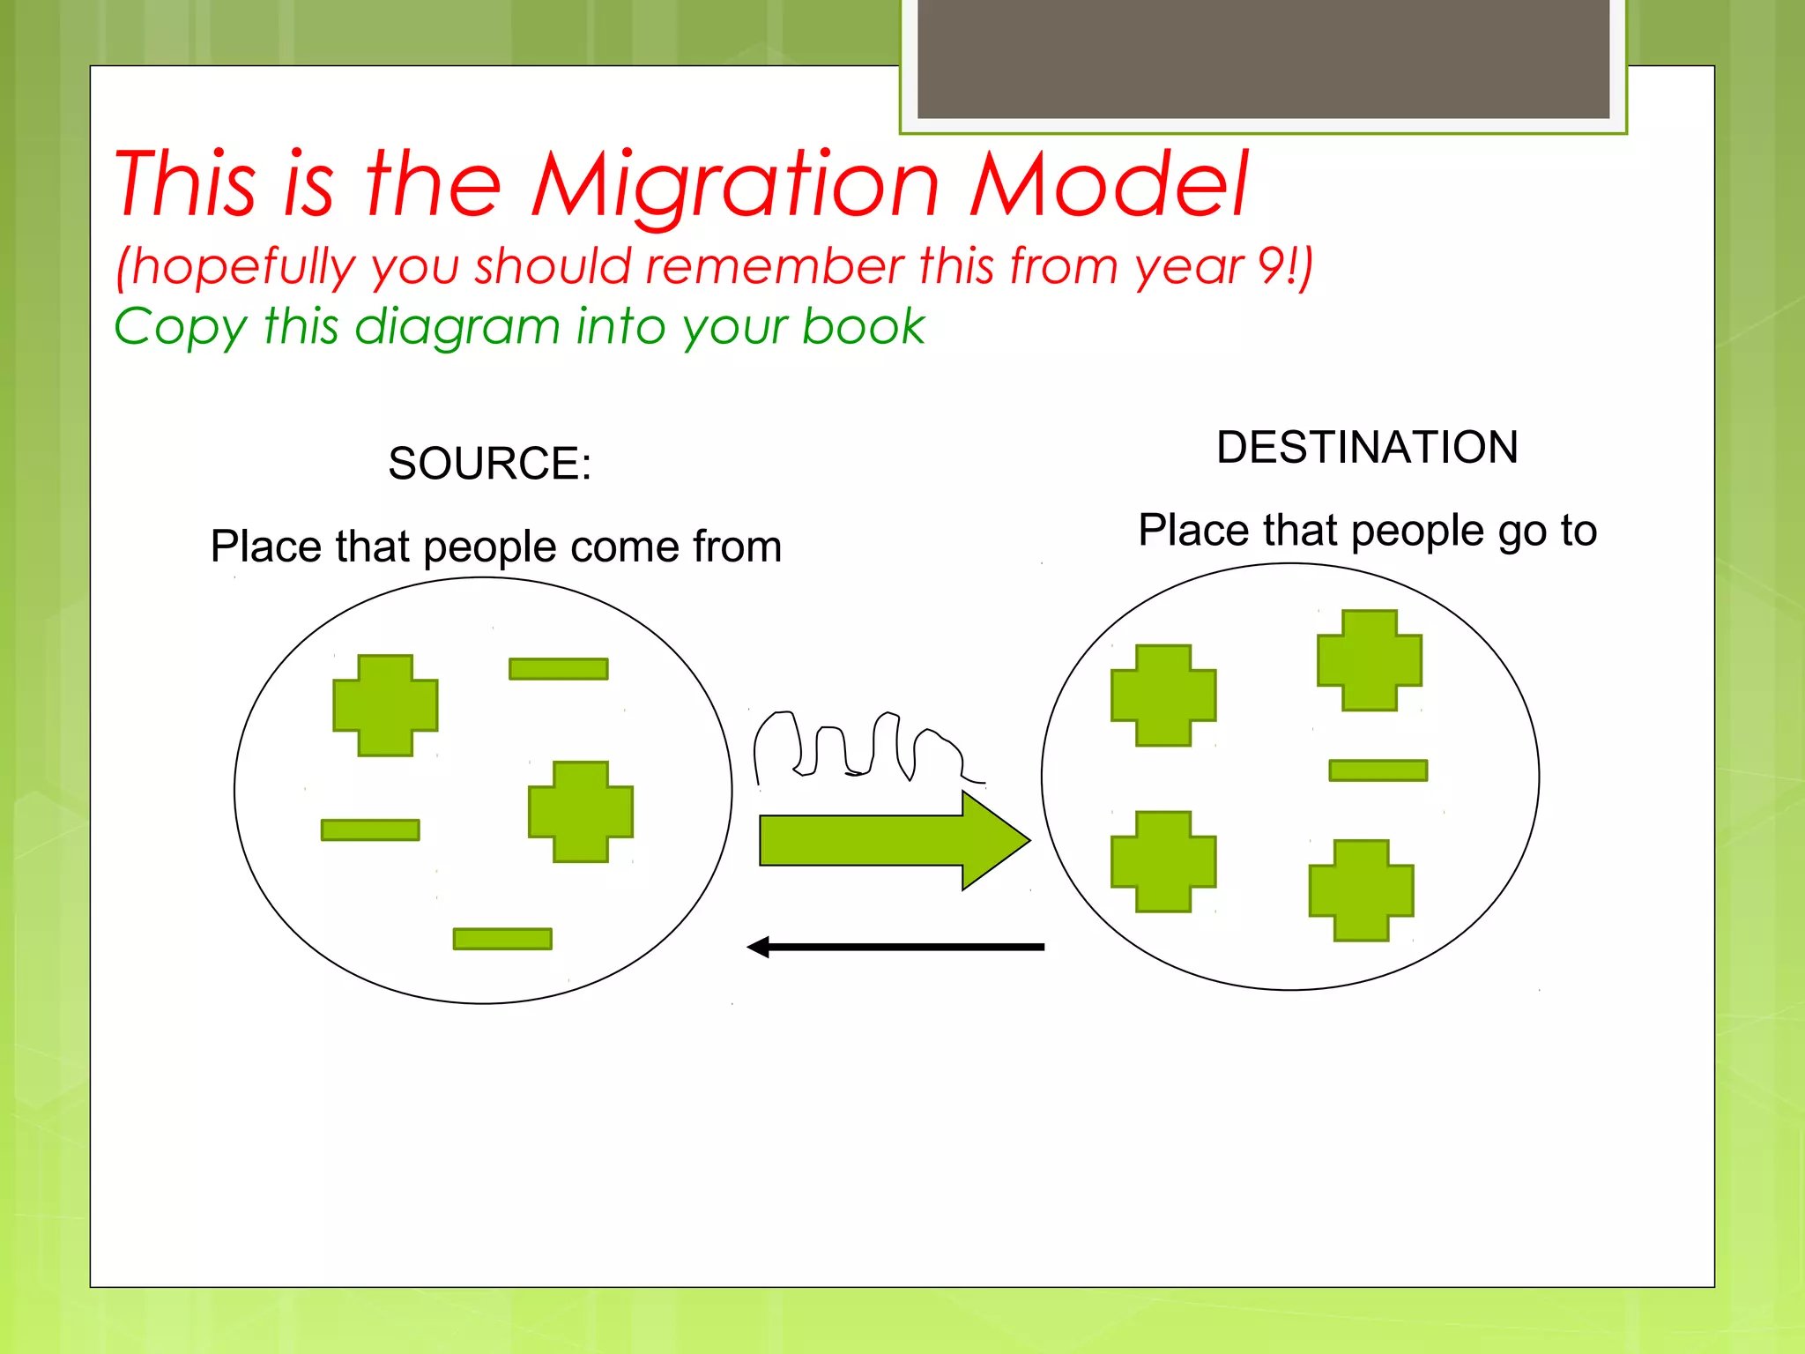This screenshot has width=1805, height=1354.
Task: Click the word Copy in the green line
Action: [x=180, y=327]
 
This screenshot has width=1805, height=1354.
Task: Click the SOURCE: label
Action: [x=489, y=464]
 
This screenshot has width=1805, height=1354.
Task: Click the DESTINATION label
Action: [x=1367, y=448]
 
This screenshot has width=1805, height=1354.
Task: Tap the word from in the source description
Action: [x=737, y=547]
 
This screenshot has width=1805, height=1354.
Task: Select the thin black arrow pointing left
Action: [x=895, y=947]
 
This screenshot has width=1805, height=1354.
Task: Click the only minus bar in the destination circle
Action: [x=1378, y=770]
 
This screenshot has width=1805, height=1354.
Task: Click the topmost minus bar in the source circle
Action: [x=558, y=669]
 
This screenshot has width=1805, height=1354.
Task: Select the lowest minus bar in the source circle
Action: [x=502, y=939]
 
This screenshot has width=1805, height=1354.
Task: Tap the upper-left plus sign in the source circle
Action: [x=385, y=705]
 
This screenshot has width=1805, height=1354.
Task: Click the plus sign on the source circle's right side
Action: [x=581, y=812]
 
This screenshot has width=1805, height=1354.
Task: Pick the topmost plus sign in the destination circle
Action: [x=1369, y=660]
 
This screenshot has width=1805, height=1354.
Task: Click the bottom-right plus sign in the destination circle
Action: [x=1361, y=890]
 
